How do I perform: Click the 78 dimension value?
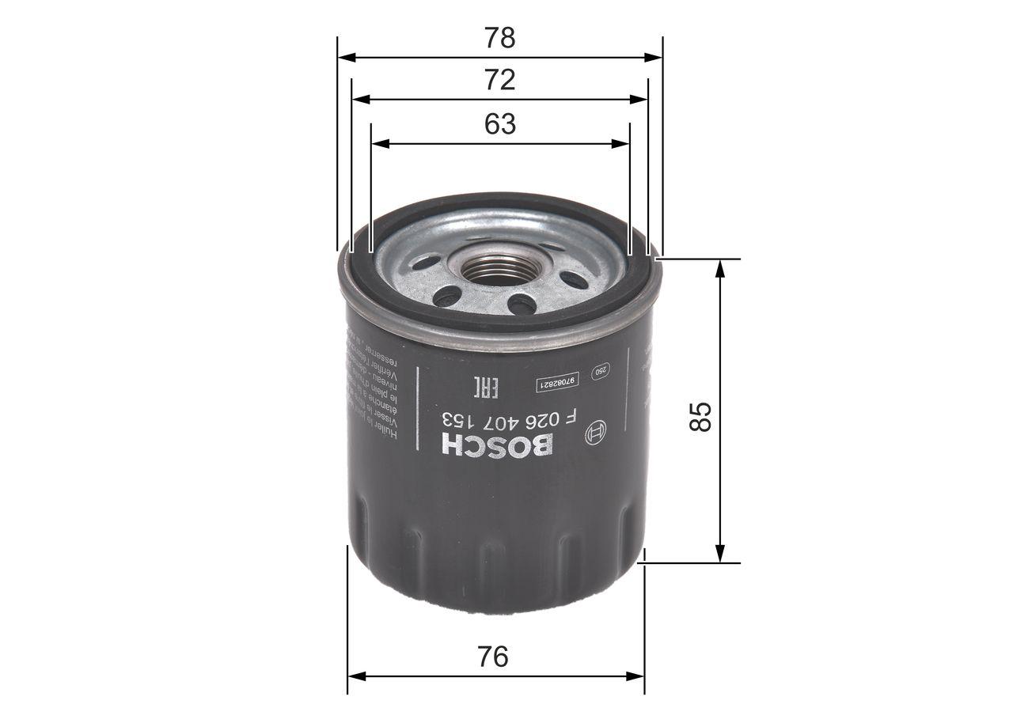pos(499,37)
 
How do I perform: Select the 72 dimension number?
pos(499,80)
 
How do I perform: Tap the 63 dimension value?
pos(499,124)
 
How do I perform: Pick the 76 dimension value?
pos(493,657)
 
